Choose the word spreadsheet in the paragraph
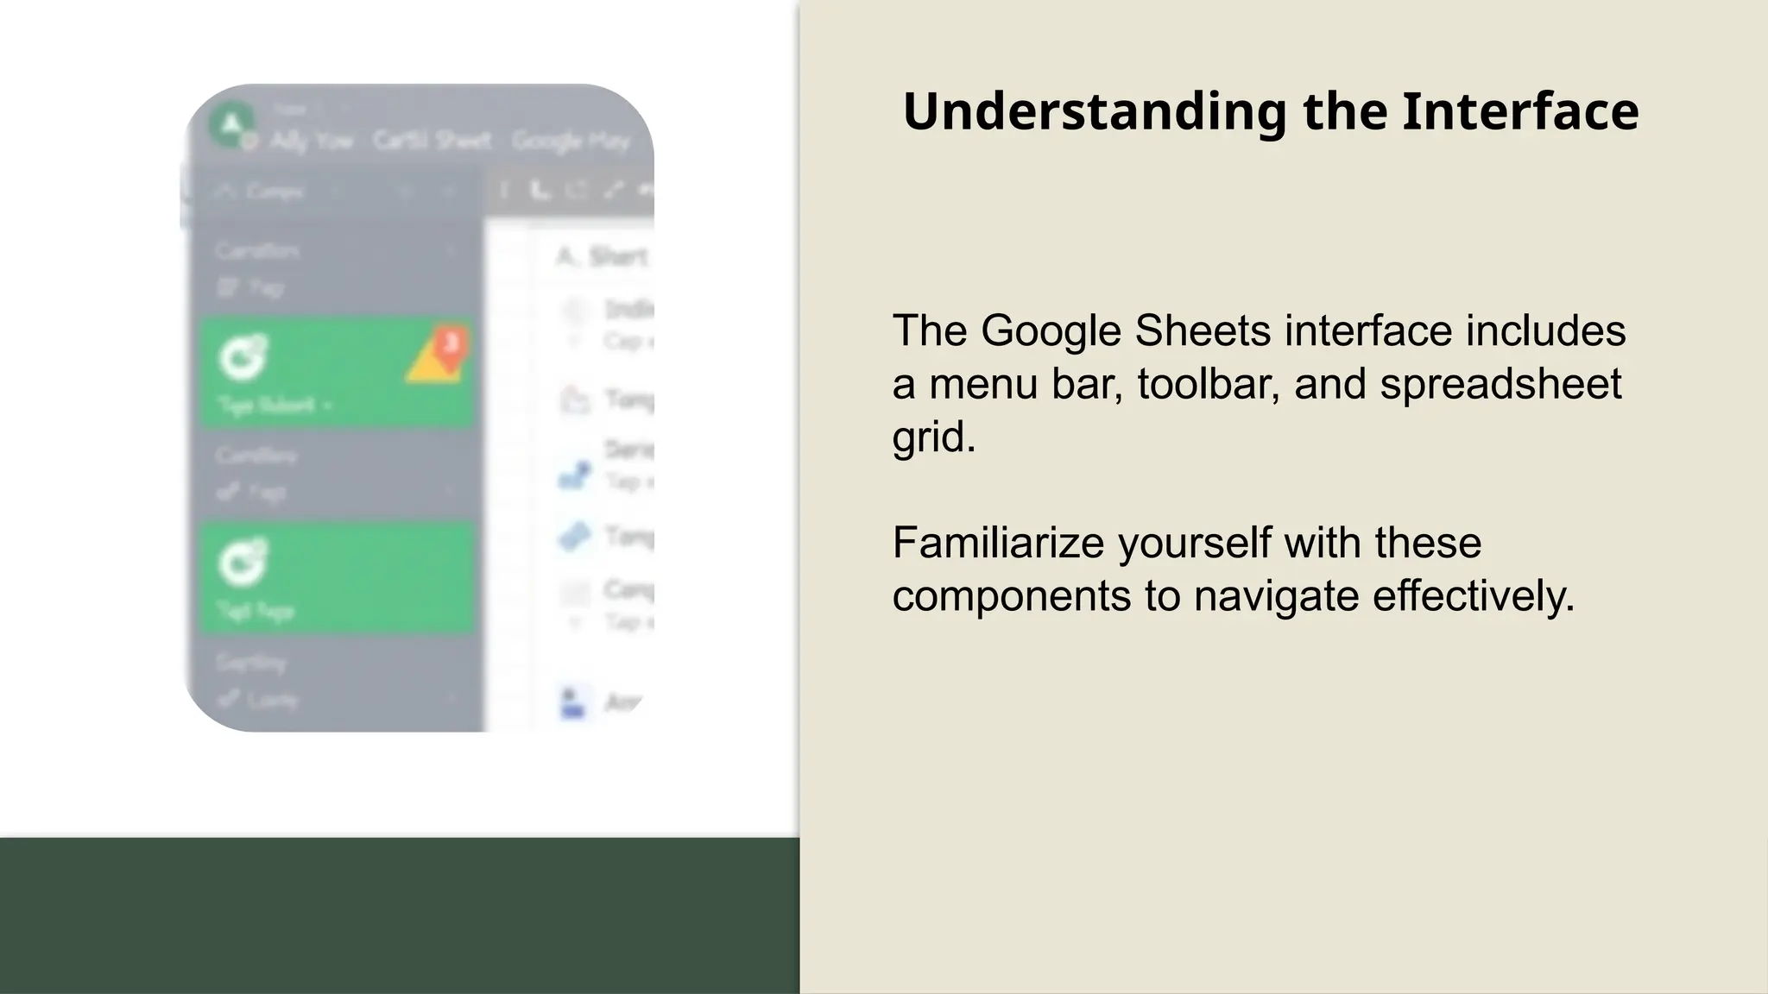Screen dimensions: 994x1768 point(1500,384)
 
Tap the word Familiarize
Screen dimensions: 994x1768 point(998,544)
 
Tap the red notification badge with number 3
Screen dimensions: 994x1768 point(450,343)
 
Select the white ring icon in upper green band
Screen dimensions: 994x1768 point(243,356)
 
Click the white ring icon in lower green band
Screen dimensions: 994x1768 point(243,562)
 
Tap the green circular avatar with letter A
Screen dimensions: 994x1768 point(231,124)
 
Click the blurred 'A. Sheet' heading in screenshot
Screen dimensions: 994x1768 point(603,256)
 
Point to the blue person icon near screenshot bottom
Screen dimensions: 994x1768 point(572,702)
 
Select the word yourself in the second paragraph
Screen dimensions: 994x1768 point(1194,544)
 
